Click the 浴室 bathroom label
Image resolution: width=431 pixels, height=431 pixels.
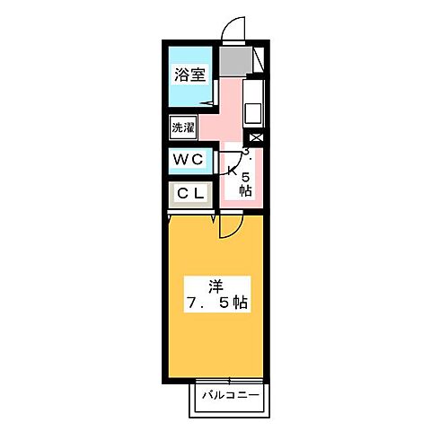click(x=190, y=75)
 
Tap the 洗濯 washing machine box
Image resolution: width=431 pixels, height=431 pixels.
click(x=183, y=128)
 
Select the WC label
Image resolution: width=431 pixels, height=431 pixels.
click(x=189, y=160)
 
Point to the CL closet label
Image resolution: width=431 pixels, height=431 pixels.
click(x=190, y=193)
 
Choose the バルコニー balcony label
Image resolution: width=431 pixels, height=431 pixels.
click(x=229, y=395)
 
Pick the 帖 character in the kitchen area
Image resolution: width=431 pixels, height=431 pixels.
click(x=245, y=191)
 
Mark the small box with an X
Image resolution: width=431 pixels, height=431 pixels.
click(x=257, y=138)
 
